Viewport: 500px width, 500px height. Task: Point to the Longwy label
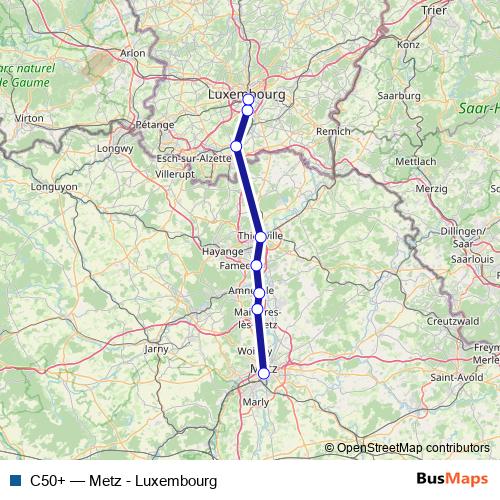coord(116,150)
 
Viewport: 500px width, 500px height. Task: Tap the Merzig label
coord(431,188)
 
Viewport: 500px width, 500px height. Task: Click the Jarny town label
coord(157,349)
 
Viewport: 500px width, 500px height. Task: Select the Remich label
coord(332,131)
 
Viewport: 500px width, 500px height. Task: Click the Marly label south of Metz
coord(257,403)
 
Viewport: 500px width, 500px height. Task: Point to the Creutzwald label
coord(448,322)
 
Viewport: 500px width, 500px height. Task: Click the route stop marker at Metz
coord(264,373)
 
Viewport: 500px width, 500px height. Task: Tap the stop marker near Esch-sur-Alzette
coord(236,146)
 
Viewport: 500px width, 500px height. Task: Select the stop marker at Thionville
coord(260,237)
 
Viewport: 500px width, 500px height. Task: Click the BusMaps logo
coord(451,481)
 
